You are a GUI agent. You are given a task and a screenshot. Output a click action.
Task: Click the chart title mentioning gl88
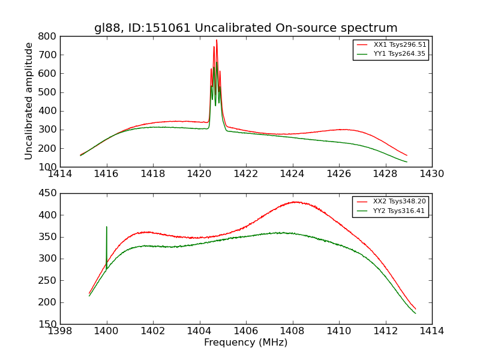pos(245,28)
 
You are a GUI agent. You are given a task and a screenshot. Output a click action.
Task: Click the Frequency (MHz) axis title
pos(245,343)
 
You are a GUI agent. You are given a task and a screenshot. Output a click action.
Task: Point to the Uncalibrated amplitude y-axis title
pos(29,101)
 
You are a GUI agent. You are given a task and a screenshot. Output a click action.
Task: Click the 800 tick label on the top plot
pos(49,36)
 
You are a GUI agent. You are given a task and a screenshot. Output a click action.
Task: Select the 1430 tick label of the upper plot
pos(431,174)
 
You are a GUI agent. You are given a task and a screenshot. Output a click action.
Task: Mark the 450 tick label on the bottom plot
pos(49,193)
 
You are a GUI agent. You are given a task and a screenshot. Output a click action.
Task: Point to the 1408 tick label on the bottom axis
pos(292,331)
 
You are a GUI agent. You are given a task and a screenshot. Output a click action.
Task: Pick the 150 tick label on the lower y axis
pos(49,324)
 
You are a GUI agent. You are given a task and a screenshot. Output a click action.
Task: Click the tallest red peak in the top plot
pos(217,41)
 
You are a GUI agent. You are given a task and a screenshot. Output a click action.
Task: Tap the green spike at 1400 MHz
pos(107,227)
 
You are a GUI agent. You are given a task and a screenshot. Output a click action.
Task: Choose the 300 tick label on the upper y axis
pos(49,130)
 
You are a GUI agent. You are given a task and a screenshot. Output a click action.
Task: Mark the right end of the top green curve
pos(407,162)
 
